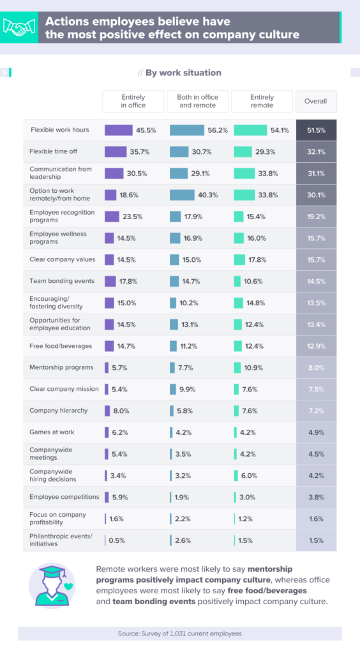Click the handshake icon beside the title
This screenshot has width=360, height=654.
[x=20, y=27]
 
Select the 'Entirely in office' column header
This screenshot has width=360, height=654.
[x=133, y=101]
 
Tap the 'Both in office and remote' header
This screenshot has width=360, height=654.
[x=197, y=101]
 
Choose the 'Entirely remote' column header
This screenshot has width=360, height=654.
[x=262, y=101]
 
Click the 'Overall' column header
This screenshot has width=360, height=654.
[x=316, y=101]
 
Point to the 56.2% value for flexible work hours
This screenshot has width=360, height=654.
[x=218, y=130]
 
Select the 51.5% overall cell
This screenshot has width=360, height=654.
[x=316, y=130]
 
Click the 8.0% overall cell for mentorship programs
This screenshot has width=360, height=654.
[x=316, y=367]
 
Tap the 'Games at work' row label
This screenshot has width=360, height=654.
[x=49, y=432]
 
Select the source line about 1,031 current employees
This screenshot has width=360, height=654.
[x=179, y=633]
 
